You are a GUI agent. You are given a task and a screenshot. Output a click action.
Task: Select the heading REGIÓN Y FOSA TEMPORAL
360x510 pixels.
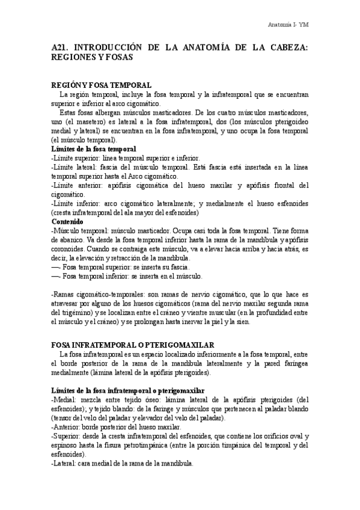pos(102,86)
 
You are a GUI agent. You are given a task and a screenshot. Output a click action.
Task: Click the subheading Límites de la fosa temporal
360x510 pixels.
pos(94,148)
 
